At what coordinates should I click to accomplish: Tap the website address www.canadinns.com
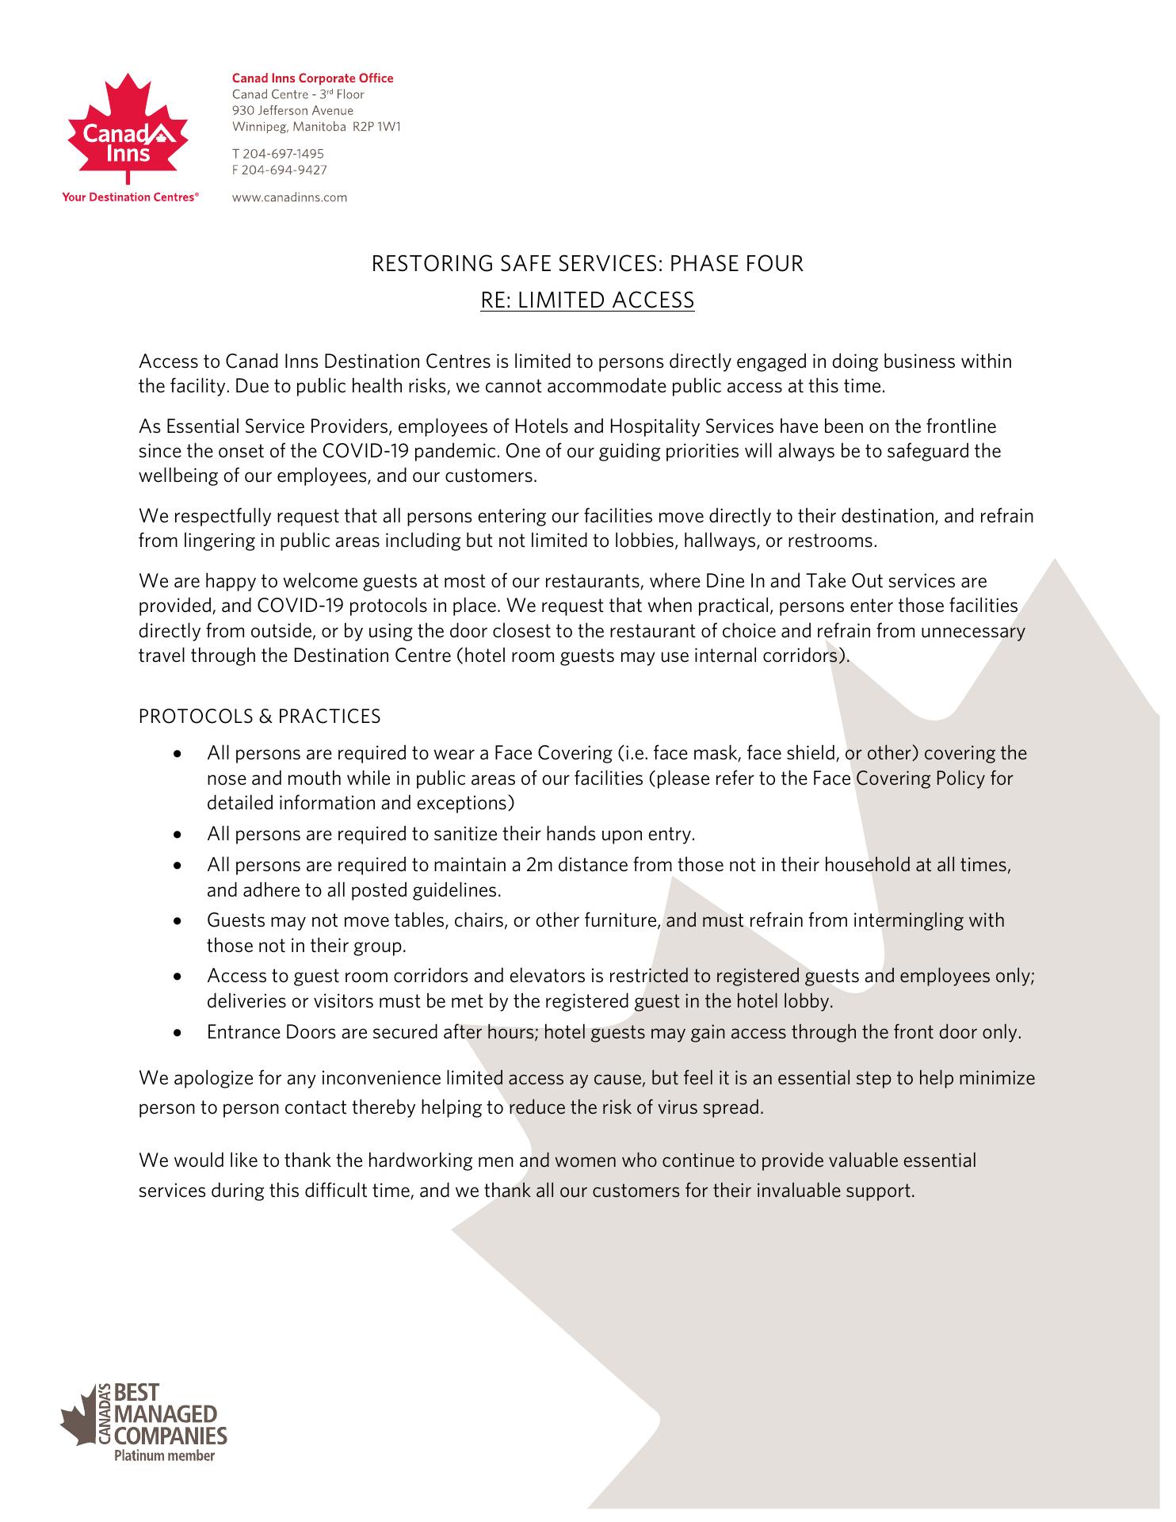[289, 197]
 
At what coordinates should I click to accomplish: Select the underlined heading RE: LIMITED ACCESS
[587, 300]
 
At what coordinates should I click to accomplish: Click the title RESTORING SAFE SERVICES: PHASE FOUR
[587, 263]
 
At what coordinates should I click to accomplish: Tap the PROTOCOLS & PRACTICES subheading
[259, 717]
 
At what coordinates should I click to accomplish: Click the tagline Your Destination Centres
[129, 197]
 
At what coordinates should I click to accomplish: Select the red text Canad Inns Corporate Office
[312, 78]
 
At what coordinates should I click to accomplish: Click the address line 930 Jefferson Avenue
[292, 110]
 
